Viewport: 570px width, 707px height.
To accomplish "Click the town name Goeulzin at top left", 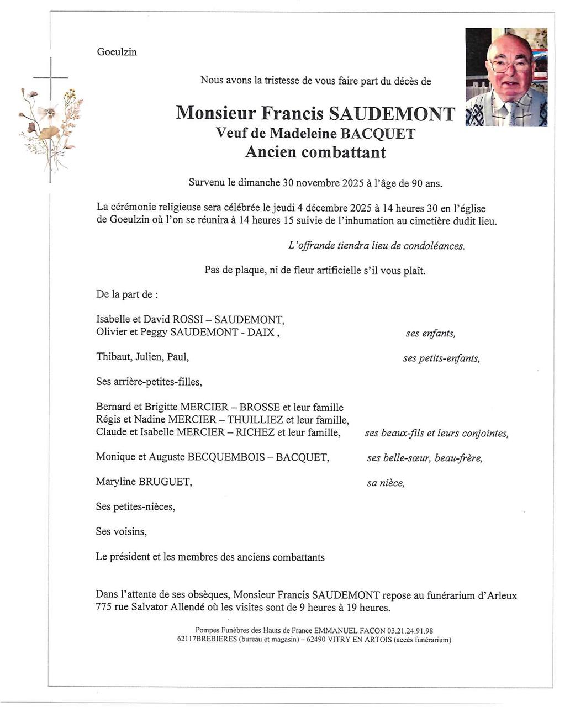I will click(x=117, y=52).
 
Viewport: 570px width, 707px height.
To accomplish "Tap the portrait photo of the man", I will click(x=506, y=77).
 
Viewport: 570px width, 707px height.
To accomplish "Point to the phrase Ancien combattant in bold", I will click(x=315, y=152).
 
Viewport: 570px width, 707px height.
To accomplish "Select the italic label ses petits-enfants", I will click(x=441, y=358).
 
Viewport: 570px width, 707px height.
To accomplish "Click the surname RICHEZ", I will click(x=255, y=432).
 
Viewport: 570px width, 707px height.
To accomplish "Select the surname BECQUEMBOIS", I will click(x=224, y=457).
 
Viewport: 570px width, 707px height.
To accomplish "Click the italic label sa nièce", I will click(x=386, y=483).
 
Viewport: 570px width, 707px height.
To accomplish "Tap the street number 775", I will click(x=104, y=608).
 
